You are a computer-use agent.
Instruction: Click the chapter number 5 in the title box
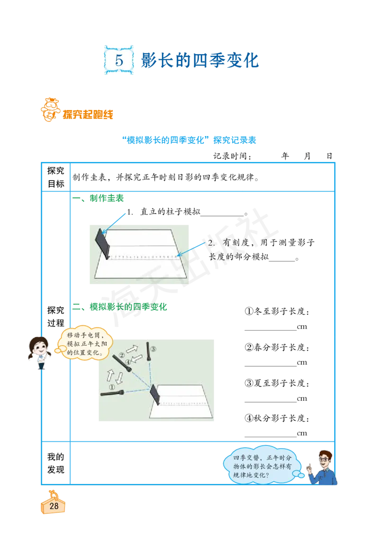[119, 60]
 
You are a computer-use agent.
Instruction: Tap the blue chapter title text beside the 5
[200, 60]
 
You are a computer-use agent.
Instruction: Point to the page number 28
[54, 506]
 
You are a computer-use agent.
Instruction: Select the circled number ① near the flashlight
[112, 386]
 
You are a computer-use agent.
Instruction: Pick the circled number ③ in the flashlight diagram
[153, 349]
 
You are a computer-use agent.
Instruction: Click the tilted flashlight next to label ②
[120, 363]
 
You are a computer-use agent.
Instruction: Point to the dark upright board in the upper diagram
[103, 244]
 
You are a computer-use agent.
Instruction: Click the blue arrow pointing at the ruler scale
[191, 249]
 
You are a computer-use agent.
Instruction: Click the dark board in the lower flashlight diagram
[155, 395]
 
